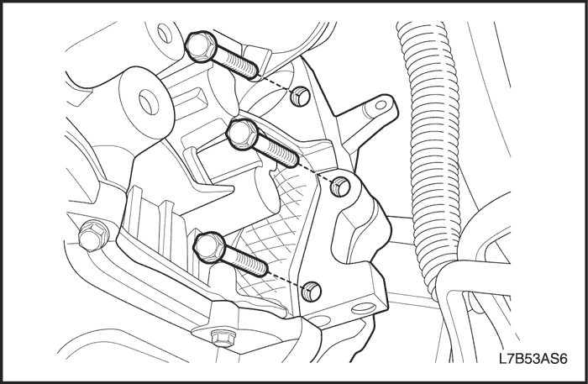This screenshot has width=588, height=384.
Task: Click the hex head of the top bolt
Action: [202, 46]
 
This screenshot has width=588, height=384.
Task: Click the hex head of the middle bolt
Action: [242, 134]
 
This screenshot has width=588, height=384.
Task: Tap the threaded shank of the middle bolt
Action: [277, 153]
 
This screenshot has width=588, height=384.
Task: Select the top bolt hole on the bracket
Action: [301, 96]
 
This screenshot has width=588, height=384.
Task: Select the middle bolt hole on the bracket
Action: [340, 187]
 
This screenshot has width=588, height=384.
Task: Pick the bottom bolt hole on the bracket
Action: [312, 292]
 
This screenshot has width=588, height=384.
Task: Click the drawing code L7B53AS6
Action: [533, 359]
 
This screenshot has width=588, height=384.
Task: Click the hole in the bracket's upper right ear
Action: [381, 105]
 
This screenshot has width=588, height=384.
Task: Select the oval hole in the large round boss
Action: [146, 102]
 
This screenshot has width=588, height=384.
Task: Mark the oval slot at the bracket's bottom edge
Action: [364, 308]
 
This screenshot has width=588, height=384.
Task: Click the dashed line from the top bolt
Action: [276, 84]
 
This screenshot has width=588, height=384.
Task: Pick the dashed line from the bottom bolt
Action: [286, 281]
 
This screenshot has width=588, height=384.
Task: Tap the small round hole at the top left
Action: [165, 33]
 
